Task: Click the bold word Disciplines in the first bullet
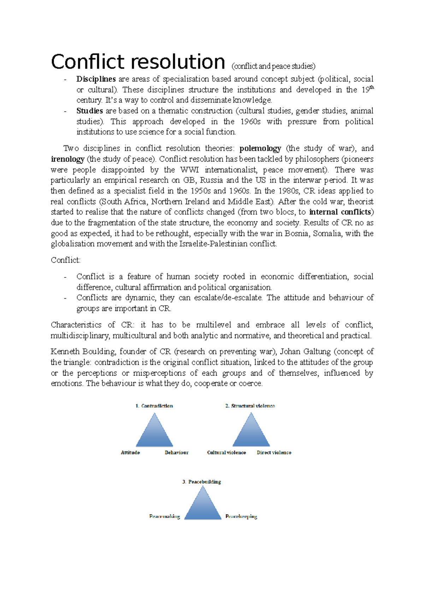96,79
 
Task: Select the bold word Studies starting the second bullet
89,111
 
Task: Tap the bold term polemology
260,148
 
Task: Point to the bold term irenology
67,159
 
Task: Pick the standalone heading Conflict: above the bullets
66,260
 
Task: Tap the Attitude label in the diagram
130,453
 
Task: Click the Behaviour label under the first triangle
176,453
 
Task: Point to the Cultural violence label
226,453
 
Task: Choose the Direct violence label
274,453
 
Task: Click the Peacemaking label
165,517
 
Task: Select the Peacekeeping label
241,517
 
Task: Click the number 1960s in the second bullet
250,122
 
